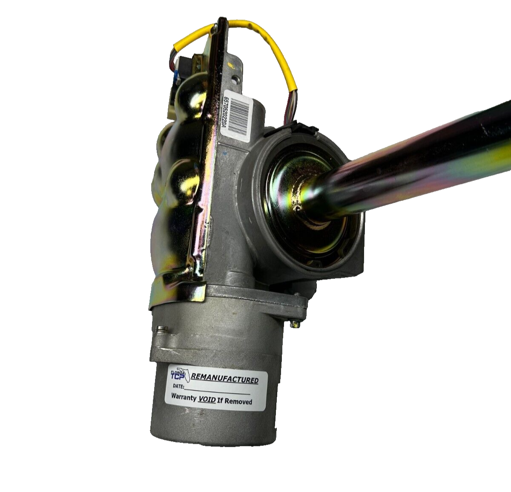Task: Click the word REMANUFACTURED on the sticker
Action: pos(225,380)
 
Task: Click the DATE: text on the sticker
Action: pos(178,386)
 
